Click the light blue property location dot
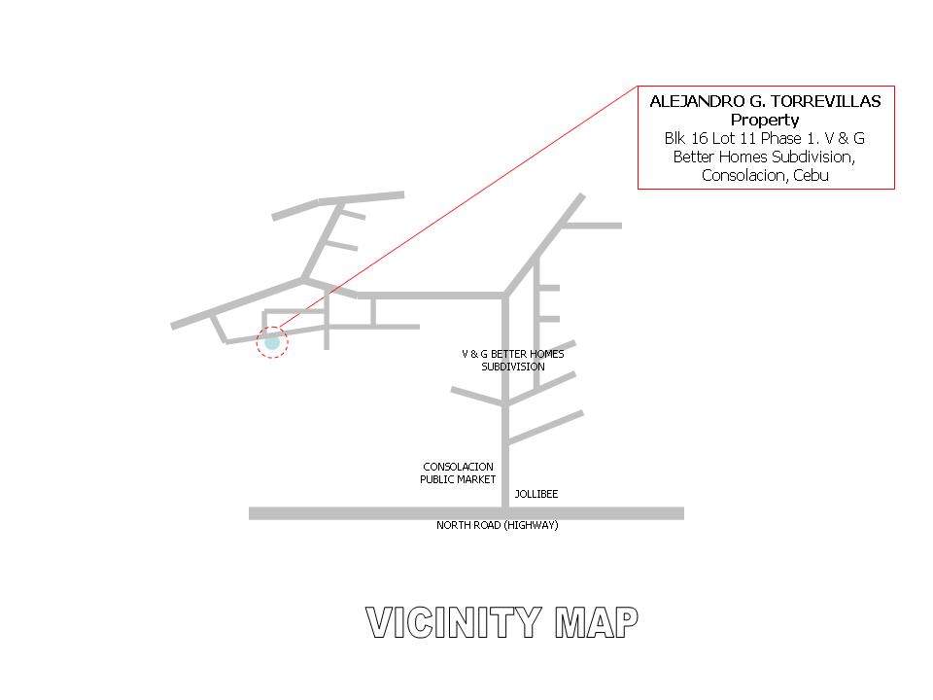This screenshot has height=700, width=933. (x=272, y=342)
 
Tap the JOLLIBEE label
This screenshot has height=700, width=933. (x=536, y=494)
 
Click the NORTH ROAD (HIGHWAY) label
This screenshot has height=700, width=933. (x=498, y=525)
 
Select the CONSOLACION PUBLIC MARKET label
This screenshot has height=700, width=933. (x=458, y=473)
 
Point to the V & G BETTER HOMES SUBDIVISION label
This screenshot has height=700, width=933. (x=513, y=360)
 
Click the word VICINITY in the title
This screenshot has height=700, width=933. (x=454, y=622)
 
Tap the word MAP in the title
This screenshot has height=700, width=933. (x=597, y=622)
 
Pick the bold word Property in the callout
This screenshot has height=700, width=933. (x=765, y=121)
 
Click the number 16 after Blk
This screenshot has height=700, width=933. (x=699, y=139)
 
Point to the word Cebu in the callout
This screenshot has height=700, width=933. (x=811, y=176)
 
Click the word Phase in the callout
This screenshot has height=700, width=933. (x=781, y=139)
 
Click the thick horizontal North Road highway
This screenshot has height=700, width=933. (x=466, y=513)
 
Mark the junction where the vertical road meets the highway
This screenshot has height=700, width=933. (x=505, y=513)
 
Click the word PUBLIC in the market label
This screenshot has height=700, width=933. (x=435, y=479)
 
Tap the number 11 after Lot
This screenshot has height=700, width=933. (x=748, y=139)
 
